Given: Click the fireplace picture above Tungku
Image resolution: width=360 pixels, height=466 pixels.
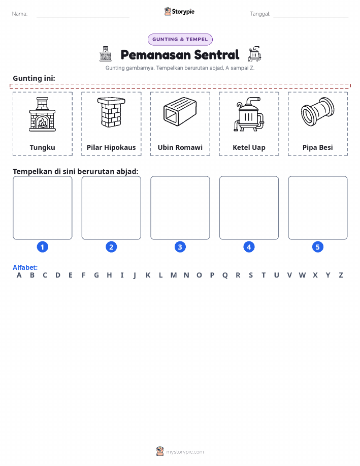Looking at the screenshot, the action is click(x=42, y=114).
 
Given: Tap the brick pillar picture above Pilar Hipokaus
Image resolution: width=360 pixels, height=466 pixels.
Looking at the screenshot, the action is click(x=111, y=112).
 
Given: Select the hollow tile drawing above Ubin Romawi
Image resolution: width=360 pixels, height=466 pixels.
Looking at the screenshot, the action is click(x=180, y=111).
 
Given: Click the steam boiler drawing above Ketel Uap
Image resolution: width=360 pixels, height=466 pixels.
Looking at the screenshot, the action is click(x=249, y=114).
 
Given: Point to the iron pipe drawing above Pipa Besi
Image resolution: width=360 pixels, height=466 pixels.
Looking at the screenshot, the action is click(x=317, y=112).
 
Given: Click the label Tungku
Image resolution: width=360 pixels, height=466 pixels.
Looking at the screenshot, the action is click(x=43, y=148).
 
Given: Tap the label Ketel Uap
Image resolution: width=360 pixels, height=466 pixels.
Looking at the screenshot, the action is click(x=249, y=148).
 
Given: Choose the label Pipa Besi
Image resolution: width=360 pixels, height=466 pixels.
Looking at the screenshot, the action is click(x=317, y=148).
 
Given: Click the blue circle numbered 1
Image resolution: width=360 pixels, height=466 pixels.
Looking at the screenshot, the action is click(x=43, y=247).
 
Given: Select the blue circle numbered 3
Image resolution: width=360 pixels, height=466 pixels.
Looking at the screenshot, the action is click(x=180, y=247).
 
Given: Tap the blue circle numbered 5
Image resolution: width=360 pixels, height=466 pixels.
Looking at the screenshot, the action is click(x=317, y=247).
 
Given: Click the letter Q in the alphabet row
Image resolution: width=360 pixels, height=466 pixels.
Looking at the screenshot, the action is click(x=225, y=275).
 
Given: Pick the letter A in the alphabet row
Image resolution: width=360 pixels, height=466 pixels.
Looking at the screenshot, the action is click(x=19, y=275).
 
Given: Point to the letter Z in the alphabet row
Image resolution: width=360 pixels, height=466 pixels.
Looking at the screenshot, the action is click(x=341, y=275).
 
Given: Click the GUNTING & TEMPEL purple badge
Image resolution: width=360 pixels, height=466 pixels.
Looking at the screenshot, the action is click(x=180, y=40).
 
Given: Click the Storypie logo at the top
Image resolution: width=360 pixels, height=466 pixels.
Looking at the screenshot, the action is click(x=179, y=12).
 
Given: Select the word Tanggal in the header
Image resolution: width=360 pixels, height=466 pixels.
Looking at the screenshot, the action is click(x=260, y=14).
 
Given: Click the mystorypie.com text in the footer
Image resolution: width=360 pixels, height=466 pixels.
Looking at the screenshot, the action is click(x=185, y=452).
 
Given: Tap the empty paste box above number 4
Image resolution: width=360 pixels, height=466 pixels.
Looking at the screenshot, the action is click(x=249, y=208).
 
